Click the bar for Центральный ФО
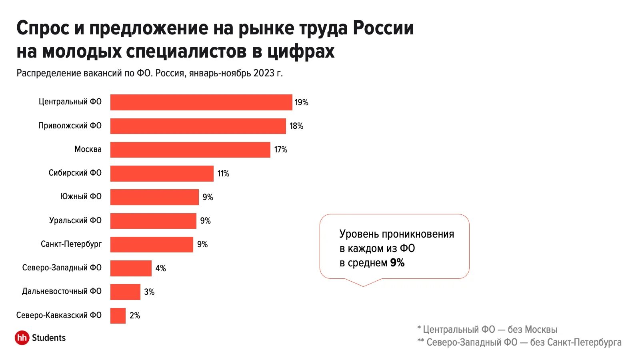click(x=201, y=102)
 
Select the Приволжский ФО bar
click(x=198, y=126)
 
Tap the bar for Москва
click(x=190, y=150)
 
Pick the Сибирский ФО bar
click(x=162, y=174)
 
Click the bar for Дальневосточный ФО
click(x=125, y=292)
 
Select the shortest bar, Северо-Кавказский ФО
click(x=118, y=316)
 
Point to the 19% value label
click(x=301, y=102)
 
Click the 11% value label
click(x=223, y=174)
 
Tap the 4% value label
click(x=160, y=268)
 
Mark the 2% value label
click(x=135, y=316)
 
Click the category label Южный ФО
click(x=81, y=196)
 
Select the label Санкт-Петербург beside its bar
click(x=71, y=244)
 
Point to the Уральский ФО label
click(x=75, y=220)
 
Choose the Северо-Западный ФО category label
click(x=62, y=268)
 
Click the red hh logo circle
click(x=22, y=338)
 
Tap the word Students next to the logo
click(x=49, y=338)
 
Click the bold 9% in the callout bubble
click(x=397, y=263)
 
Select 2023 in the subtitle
click(x=264, y=73)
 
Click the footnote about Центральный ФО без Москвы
click(x=487, y=330)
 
